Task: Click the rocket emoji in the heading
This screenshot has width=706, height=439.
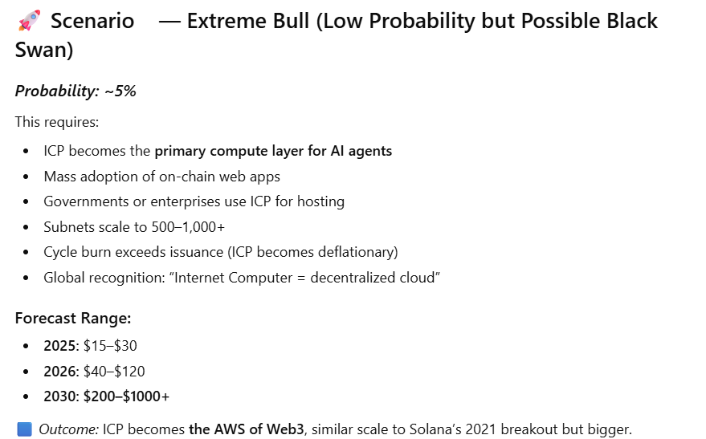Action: pyautogui.click(x=29, y=21)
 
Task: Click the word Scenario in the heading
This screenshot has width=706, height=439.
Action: pyautogui.click(x=92, y=21)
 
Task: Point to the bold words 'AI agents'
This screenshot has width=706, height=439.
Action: pyautogui.click(x=361, y=151)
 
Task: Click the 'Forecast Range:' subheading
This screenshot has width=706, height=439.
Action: pyautogui.click(x=72, y=319)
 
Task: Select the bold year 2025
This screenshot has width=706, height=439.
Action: pyautogui.click(x=60, y=346)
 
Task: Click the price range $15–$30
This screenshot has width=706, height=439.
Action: pyautogui.click(x=110, y=346)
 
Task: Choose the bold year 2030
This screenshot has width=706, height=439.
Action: pyautogui.click(x=60, y=396)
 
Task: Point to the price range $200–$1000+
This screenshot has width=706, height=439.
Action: pyautogui.click(x=126, y=396)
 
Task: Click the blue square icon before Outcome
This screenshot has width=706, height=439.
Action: pyautogui.click(x=24, y=429)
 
